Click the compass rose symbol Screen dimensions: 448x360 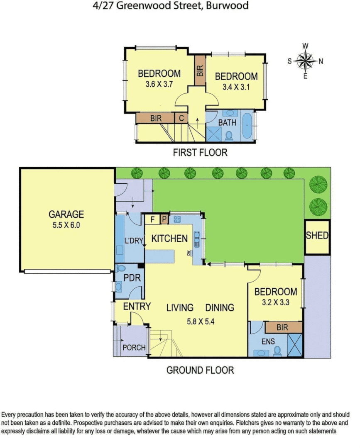(305, 61)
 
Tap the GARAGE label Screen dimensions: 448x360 (66, 214)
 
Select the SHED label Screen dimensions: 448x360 (317, 236)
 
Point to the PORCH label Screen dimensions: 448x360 (134, 347)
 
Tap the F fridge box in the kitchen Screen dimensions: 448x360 (152, 219)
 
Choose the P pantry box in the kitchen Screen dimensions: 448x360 (164, 219)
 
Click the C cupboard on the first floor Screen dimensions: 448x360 (181, 118)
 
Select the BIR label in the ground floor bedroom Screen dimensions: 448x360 (283, 327)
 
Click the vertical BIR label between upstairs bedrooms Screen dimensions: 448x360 (200, 71)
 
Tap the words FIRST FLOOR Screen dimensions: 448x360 (200, 153)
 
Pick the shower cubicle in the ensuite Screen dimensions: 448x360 (295, 344)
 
